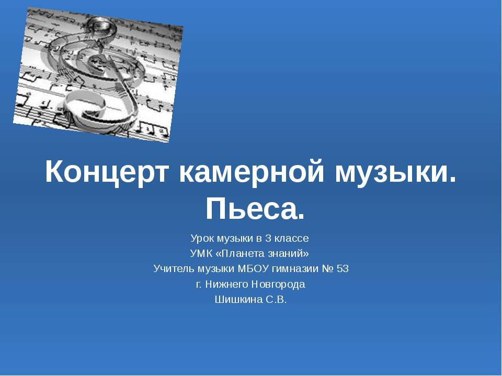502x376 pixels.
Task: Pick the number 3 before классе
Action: click(268, 239)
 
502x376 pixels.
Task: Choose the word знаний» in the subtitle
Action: click(287, 254)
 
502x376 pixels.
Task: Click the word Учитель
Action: click(173, 269)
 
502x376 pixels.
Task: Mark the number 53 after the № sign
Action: click(343, 269)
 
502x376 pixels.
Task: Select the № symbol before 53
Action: click(328, 269)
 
